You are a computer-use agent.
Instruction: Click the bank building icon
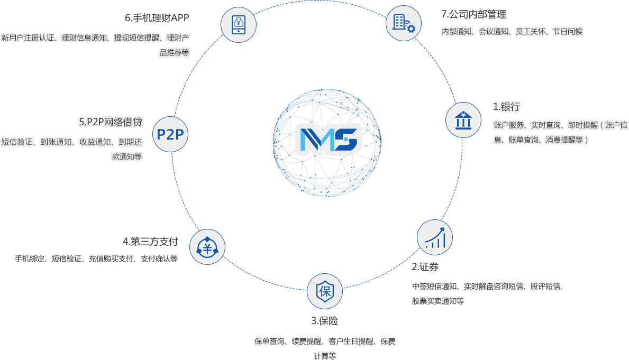tap(463, 120)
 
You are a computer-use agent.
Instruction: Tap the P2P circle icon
tap(170, 134)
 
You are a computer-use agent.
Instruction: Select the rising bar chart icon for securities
tap(435, 237)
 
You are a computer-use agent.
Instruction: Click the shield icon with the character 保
tap(325, 291)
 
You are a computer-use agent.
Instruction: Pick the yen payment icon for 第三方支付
tap(207, 247)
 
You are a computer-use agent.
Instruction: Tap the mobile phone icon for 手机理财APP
tap(238, 24)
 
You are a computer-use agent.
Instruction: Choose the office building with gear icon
tap(404, 23)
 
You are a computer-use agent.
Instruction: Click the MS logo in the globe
tap(329, 140)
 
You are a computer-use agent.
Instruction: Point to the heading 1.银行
tap(506, 107)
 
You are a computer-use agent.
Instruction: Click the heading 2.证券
tap(425, 267)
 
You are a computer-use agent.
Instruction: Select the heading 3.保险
tap(324, 321)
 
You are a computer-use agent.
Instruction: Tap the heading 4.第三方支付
tap(150, 242)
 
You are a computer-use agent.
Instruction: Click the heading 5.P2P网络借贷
tap(111, 122)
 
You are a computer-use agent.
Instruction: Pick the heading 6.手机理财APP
tap(157, 18)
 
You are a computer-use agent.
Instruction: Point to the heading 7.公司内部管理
tap(474, 14)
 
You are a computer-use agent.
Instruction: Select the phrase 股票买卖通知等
tap(437, 301)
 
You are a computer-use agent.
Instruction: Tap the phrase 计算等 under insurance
tap(325, 356)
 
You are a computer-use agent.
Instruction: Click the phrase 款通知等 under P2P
tap(127, 157)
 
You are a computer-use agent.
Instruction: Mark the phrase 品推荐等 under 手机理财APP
tap(174, 52)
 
